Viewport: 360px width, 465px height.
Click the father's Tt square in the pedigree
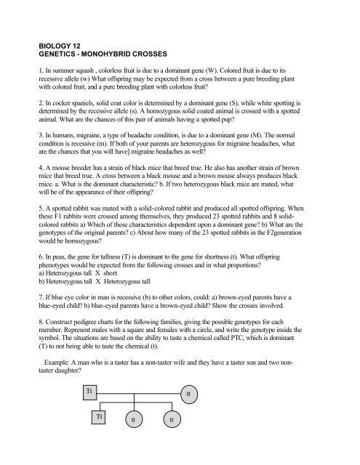pyautogui.click(x=89, y=390)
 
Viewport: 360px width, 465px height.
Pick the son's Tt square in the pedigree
pyautogui.click(x=99, y=417)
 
